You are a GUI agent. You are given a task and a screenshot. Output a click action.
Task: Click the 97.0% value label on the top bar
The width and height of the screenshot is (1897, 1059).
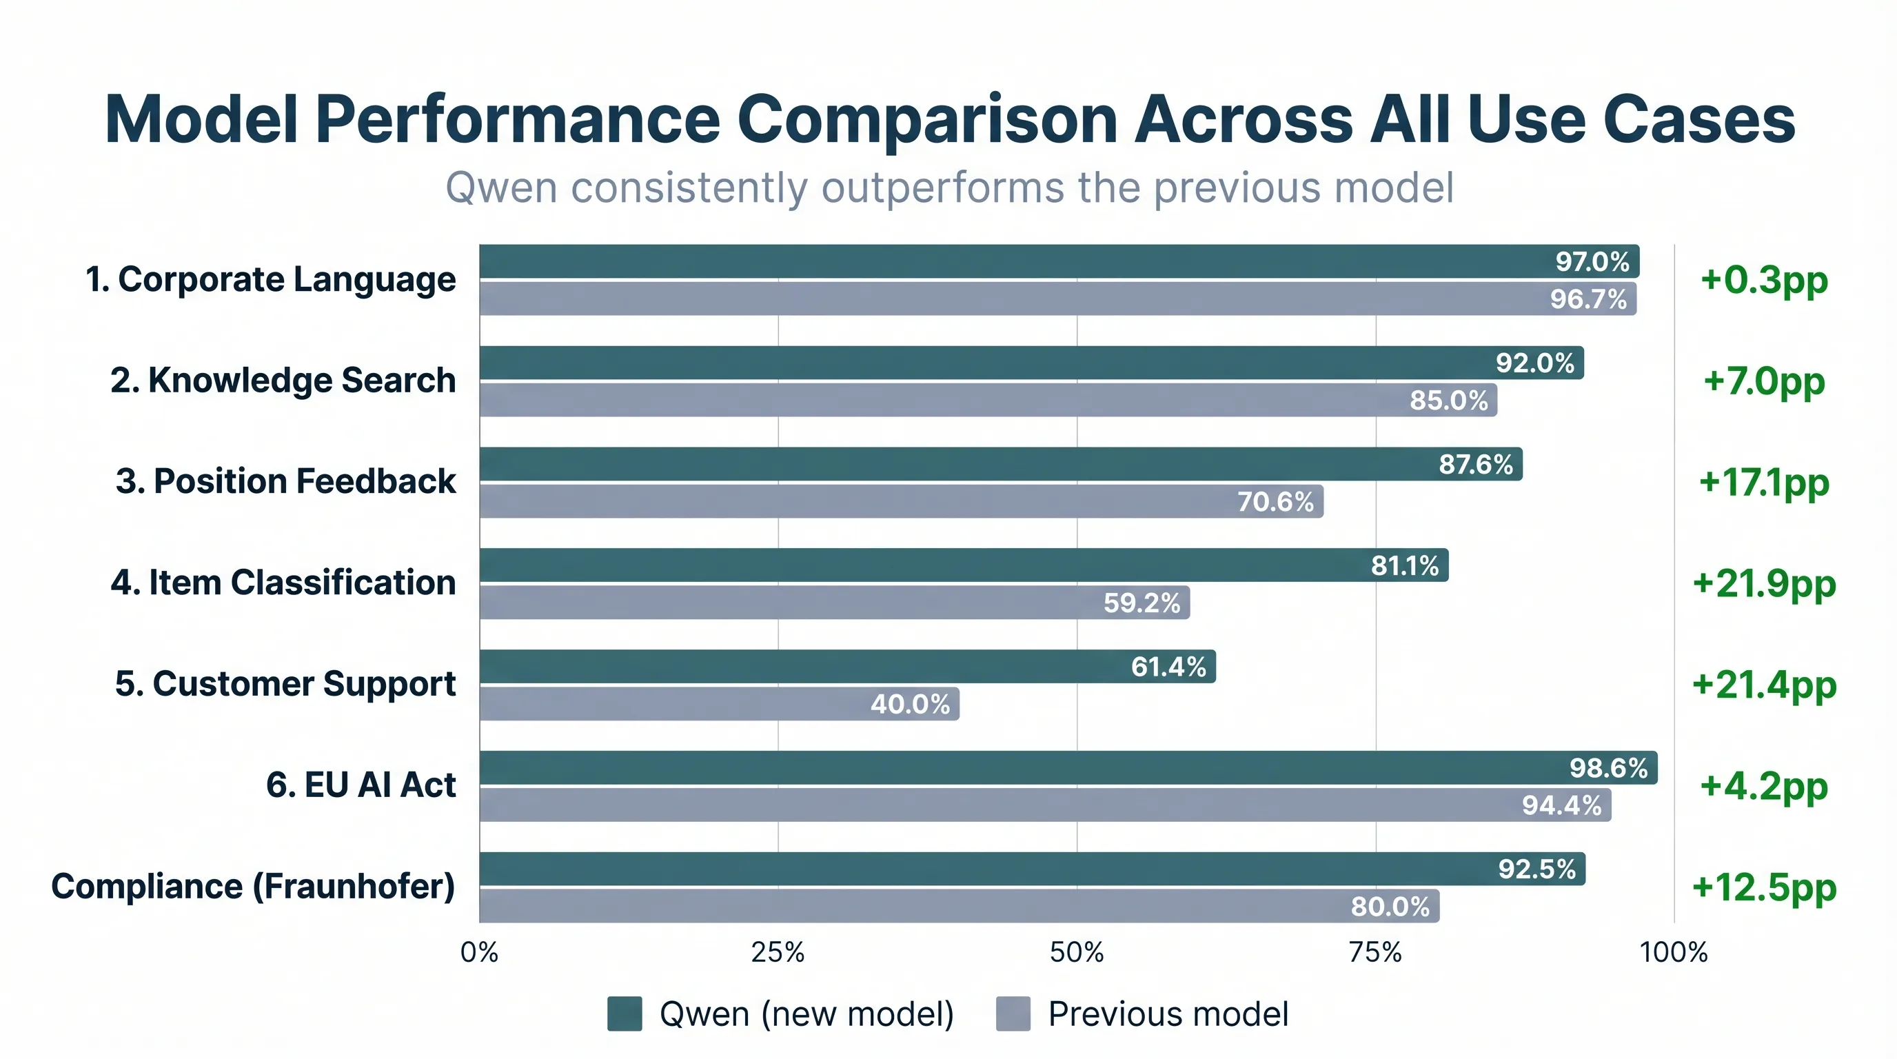(1592, 261)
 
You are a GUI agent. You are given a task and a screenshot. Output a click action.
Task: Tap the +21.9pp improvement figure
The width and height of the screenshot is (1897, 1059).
(1764, 583)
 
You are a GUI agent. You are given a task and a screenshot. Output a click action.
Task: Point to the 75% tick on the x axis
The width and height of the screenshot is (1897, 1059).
(1375, 953)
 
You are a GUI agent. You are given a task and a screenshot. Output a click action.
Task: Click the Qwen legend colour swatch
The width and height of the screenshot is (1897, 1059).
(625, 1014)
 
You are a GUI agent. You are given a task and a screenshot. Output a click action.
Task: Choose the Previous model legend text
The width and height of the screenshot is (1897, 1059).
(1168, 1014)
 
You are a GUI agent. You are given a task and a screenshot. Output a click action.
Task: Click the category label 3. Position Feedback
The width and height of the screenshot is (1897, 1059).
(286, 482)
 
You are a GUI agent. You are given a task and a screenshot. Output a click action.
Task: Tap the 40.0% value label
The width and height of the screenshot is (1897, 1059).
(910, 704)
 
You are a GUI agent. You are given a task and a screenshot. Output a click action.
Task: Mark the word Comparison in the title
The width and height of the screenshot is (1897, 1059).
(927, 120)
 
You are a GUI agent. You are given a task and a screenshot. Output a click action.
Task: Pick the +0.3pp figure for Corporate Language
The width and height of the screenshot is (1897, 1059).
(1764, 280)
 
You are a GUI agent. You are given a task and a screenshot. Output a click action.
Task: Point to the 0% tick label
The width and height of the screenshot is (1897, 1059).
(479, 953)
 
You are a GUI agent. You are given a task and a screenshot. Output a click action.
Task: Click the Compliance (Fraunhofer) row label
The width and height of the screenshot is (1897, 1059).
(254, 886)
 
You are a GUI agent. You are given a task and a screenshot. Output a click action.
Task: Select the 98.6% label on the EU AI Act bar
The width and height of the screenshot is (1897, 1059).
(1608, 768)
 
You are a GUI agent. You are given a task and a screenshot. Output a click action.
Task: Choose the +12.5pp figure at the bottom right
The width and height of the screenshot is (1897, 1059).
(1764, 887)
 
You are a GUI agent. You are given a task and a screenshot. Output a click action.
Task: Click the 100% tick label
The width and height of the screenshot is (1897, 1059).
(1673, 953)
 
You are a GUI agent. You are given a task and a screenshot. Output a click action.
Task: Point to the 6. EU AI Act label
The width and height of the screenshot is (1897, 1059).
(361, 785)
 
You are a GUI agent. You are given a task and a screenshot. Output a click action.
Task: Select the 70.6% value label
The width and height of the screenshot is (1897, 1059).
(1275, 501)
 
